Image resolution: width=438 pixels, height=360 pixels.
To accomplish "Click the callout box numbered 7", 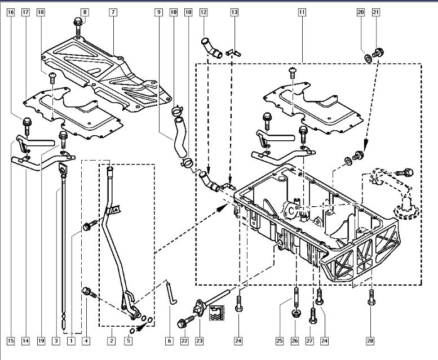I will click(x=113, y=12).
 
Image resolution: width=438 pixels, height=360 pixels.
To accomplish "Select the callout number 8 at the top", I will click(x=84, y=12).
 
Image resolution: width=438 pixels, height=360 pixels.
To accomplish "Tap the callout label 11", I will click(x=302, y=12).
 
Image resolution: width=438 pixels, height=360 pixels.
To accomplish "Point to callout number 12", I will click(x=203, y=12).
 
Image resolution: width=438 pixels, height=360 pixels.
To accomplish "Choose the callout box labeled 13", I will click(x=234, y=12).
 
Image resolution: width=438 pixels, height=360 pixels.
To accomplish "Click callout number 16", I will click(x=11, y=12).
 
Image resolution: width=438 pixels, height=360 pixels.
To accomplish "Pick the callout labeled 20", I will click(x=361, y=12).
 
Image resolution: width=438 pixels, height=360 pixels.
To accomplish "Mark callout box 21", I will click(x=376, y=12).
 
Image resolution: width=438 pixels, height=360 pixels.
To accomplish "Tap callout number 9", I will click(x=159, y=12).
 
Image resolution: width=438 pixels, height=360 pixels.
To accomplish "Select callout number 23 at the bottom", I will click(x=198, y=340).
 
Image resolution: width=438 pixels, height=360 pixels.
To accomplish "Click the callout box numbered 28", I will click(x=371, y=340).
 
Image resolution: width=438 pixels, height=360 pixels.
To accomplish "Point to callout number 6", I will click(x=169, y=340).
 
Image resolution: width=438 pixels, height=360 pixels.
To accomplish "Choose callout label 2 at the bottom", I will click(x=112, y=340).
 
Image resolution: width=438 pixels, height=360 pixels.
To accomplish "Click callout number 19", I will click(x=41, y=340).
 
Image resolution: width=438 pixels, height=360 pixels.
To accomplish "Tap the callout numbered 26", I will click(x=295, y=340).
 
